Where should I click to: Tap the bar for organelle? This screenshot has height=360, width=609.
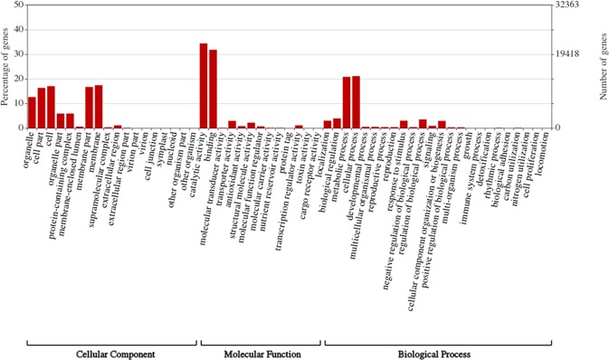32,112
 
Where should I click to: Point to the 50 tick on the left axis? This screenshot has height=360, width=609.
19,7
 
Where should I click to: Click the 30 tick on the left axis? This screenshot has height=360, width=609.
19,55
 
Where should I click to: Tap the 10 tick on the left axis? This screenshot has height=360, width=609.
19,104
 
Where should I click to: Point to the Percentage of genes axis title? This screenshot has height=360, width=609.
6,68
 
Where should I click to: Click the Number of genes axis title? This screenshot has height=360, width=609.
602,68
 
